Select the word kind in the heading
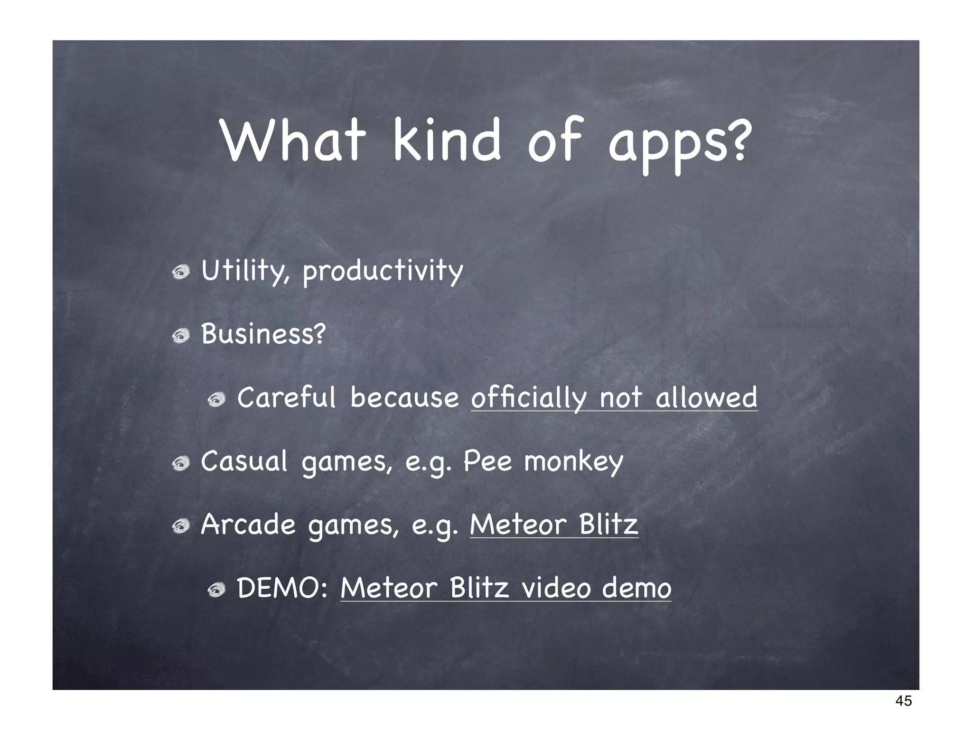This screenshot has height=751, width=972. click(447, 140)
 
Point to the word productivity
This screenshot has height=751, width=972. click(383, 272)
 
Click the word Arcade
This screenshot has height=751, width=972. click(248, 525)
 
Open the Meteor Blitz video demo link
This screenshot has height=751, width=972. click(505, 589)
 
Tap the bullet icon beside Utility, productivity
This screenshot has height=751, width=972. click(181, 272)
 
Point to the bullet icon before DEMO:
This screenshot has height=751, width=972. click(216, 590)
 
